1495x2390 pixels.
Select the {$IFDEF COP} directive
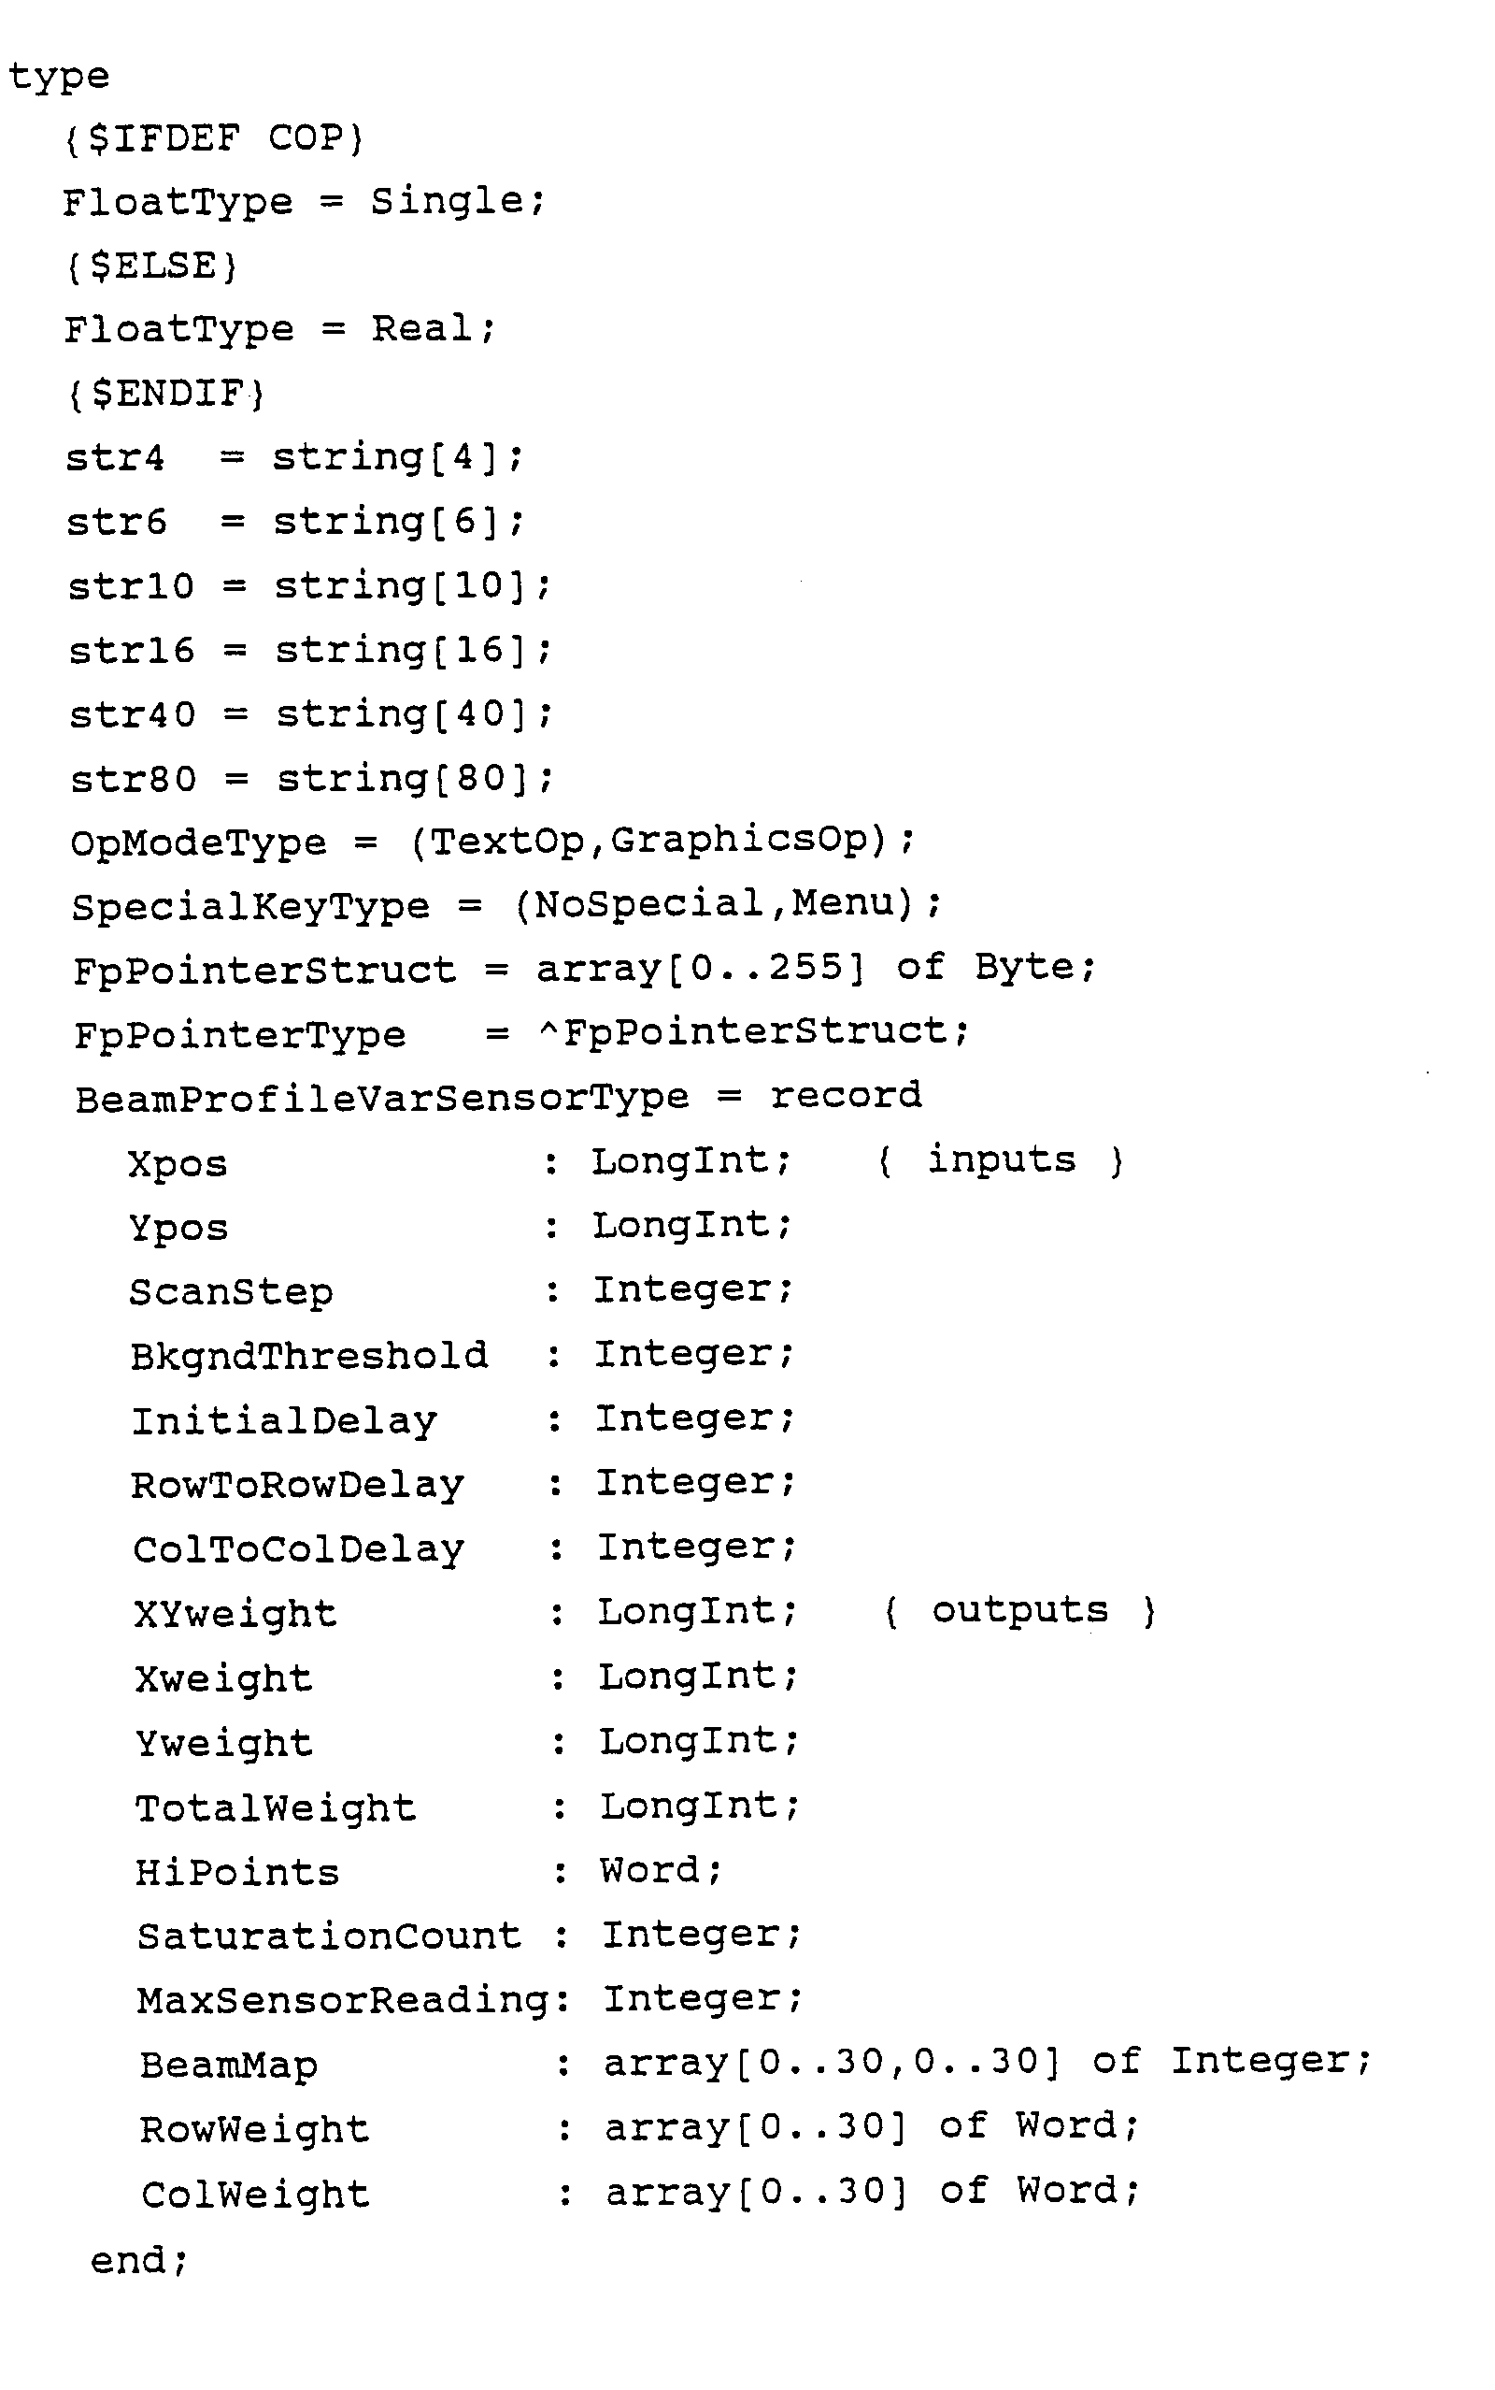point(215,138)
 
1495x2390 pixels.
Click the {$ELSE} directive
point(151,267)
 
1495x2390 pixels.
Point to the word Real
point(422,329)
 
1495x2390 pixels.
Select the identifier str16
point(131,651)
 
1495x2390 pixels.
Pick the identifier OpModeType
point(198,843)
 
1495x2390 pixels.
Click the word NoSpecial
point(648,904)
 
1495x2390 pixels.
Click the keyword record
point(846,1096)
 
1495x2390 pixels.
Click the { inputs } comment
point(1001,1160)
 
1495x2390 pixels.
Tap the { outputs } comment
point(1018,1611)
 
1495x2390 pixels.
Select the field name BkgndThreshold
point(308,1356)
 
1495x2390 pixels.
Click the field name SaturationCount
point(328,1936)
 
